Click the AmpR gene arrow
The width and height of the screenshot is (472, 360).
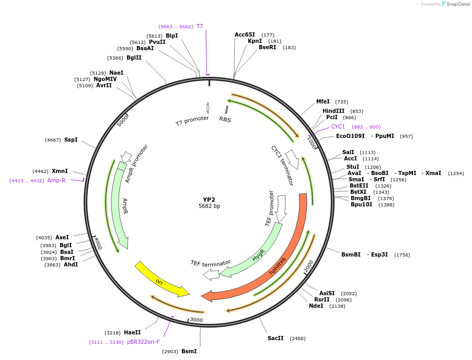click(x=118, y=209)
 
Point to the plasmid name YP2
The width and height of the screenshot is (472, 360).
click(x=209, y=200)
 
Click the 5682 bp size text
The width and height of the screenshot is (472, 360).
click(x=209, y=206)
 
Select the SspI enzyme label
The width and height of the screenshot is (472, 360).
click(x=71, y=140)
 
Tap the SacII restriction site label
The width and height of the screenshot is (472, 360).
click(x=275, y=338)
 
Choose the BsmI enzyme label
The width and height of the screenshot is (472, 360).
click(x=189, y=351)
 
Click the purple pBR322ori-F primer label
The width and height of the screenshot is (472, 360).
click(x=143, y=342)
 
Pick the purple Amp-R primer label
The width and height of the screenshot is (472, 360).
click(x=56, y=180)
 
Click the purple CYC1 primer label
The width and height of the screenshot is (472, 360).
click(x=338, y=126)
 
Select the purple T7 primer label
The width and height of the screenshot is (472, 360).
click(x=200, y=26)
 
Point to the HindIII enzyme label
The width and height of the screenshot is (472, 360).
click(x=333, y=111)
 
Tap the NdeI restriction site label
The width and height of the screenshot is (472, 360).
click(x=316, y=306)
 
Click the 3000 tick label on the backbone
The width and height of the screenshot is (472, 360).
click(x=196, y=320)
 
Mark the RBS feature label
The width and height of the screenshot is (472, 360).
click(x=225, y=119)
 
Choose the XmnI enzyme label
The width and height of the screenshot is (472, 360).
click(x=60, y=171)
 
